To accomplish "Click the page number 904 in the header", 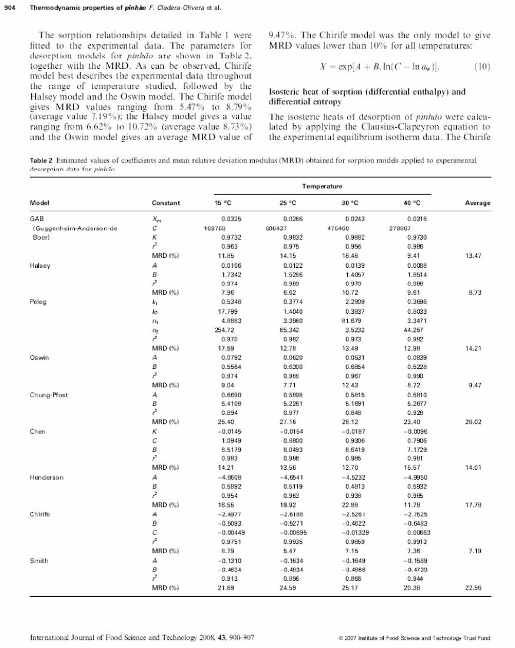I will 9,6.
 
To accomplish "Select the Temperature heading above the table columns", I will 322,186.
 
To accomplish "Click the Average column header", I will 477,203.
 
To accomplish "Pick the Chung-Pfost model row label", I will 48,395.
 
